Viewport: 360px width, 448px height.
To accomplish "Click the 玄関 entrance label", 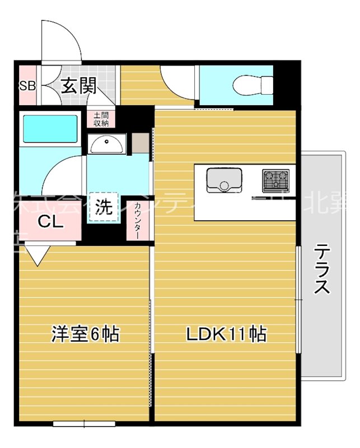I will pyautogui.click(x=78, y=86).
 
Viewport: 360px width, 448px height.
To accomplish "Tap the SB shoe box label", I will pyautogui.click(x=27, y=86).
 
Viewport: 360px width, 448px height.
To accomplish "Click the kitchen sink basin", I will pyautogui.click(x=224, y=180).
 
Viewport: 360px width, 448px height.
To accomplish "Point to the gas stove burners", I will pyautogui.click(x=276, y=180).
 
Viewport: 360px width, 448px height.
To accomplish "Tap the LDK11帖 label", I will pyautogui.click(x=226, y=334).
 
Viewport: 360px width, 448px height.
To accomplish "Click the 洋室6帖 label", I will pyautogui.click(x=85, y=334).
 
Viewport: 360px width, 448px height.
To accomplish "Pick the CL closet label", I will pyautogui.click(x=50, y=221).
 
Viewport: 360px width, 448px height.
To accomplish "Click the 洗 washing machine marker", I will pyautogui.click(x=102, y=207).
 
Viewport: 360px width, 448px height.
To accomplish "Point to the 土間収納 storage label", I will pyautogui.click(x=101, y=119).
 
